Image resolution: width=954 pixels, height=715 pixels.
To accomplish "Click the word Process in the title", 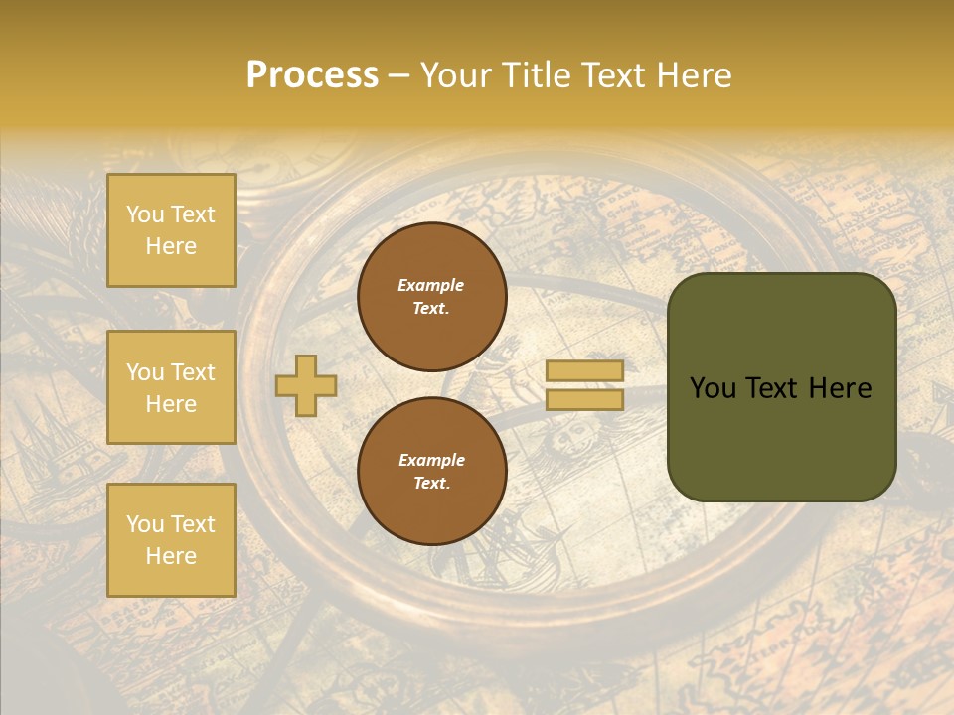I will pos(312,75).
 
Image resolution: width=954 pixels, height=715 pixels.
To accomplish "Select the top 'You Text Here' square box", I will pos(171,230).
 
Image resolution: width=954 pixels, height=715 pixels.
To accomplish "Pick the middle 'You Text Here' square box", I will pos(171,387).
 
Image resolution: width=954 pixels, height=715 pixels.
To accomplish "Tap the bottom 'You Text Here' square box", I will pos(171,539).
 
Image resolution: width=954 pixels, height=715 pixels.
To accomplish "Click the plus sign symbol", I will pos(306,385).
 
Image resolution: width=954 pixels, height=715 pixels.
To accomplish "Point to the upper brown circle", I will pos(431,296).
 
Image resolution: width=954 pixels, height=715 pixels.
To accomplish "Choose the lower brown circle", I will pos(431,471).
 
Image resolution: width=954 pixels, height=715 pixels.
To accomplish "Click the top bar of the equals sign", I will pos(584,371).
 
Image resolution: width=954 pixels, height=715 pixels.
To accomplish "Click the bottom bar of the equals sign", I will pos(584,399).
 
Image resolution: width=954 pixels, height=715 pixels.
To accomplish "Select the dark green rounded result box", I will pos(781,386).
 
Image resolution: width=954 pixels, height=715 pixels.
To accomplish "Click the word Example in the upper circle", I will pos(431,285).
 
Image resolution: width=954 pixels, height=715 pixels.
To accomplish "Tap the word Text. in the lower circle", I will pos(431,483).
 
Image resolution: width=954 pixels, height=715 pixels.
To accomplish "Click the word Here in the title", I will pos(696,75).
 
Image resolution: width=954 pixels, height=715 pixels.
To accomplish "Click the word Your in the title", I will pos(458,75).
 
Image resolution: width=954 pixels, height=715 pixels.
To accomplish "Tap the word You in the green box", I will pos(713,388).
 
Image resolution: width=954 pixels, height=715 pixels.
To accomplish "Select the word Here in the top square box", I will pos(171,246).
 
